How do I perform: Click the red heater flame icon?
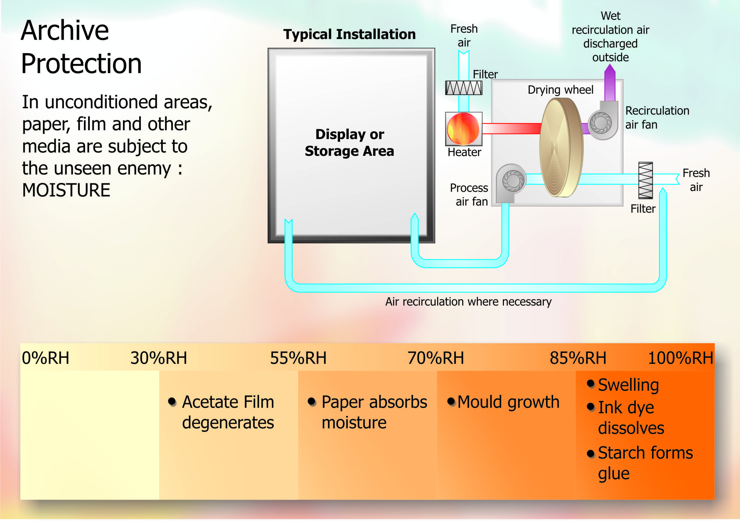pos(463,129)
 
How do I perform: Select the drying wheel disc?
pos(561,148)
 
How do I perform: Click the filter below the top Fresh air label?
pos(464,88)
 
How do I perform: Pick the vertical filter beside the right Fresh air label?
pos(645,180)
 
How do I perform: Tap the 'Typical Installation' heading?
pos(349,34)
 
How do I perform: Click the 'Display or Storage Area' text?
pos(349,143)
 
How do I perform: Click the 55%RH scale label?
pos(298,358)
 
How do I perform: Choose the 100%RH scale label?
pos(680,358)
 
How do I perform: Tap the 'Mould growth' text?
pos(508,402)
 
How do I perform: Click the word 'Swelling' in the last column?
pos(628,385)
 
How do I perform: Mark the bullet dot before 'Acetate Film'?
pos(172,401)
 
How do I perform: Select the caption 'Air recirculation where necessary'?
pos(468,302)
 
